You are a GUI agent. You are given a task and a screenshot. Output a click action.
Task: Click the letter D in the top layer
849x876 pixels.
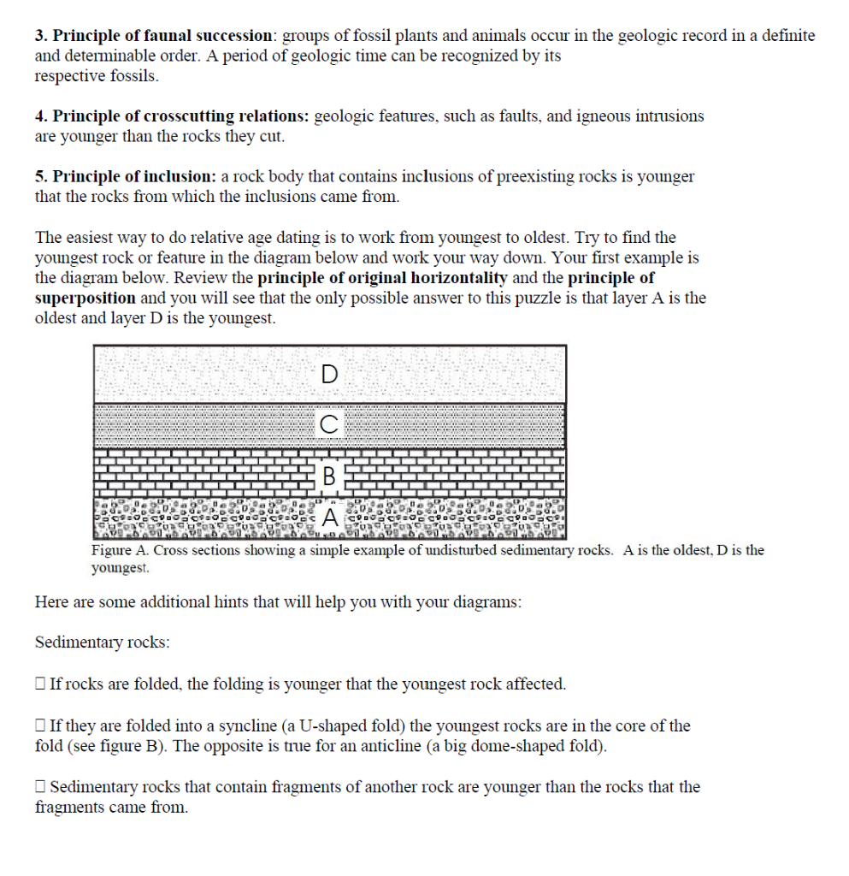click(329, 374)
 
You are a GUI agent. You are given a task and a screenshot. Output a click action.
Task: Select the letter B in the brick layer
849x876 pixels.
click(329, 474)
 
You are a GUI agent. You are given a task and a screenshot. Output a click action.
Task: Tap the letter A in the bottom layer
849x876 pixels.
click(329, 516)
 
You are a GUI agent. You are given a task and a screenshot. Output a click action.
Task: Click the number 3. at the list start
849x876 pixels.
click(41, 36)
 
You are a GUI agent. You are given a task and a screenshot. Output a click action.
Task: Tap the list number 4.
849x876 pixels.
click(41, 115)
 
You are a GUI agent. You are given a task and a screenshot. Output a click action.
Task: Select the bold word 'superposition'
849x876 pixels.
click(85, 298)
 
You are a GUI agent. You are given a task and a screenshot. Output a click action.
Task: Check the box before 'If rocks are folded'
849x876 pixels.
click(40, 684)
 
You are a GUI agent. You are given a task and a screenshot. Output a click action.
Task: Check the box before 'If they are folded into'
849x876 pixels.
click(40, 726)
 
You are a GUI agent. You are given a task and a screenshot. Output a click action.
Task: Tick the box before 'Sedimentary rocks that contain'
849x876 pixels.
click(40, 787)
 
